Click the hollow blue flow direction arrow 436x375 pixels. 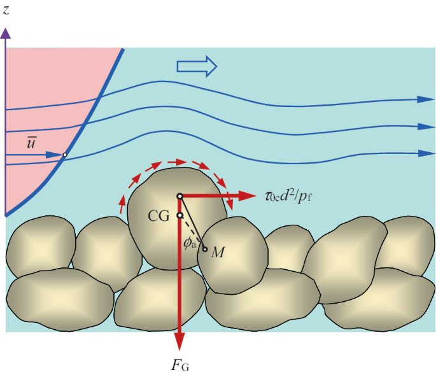(197, 66)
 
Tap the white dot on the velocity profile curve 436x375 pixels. (65, 155)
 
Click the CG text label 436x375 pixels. (158, 216)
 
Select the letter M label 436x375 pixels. (218, 253)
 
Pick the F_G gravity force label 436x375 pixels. (180, 365)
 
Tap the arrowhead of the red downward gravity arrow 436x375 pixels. (180, 344)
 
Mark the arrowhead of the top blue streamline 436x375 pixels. (425, 99)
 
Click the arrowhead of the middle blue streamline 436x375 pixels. (425, 127)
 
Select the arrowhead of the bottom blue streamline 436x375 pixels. (425, 153)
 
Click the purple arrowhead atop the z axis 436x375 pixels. (6, 34)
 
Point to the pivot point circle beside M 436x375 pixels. (205, 248)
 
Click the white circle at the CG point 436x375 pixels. (180, 216)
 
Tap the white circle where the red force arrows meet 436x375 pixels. (180, 196)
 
